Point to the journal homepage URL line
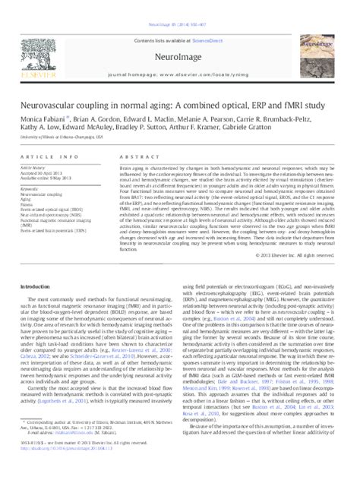[179, 53]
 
